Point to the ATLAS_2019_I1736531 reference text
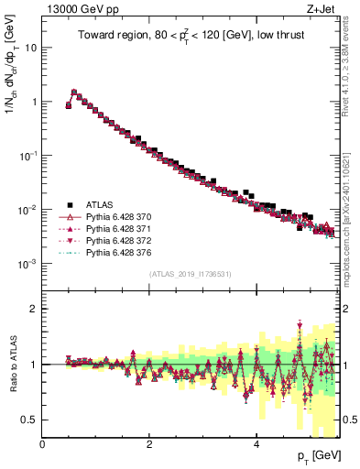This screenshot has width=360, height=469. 190,274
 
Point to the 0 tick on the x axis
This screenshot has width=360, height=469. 42,444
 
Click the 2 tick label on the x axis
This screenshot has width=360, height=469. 149,444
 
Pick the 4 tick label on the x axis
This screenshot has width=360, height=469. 256,444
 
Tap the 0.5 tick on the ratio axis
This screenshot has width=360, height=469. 32,420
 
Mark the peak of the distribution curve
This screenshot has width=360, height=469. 74,92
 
